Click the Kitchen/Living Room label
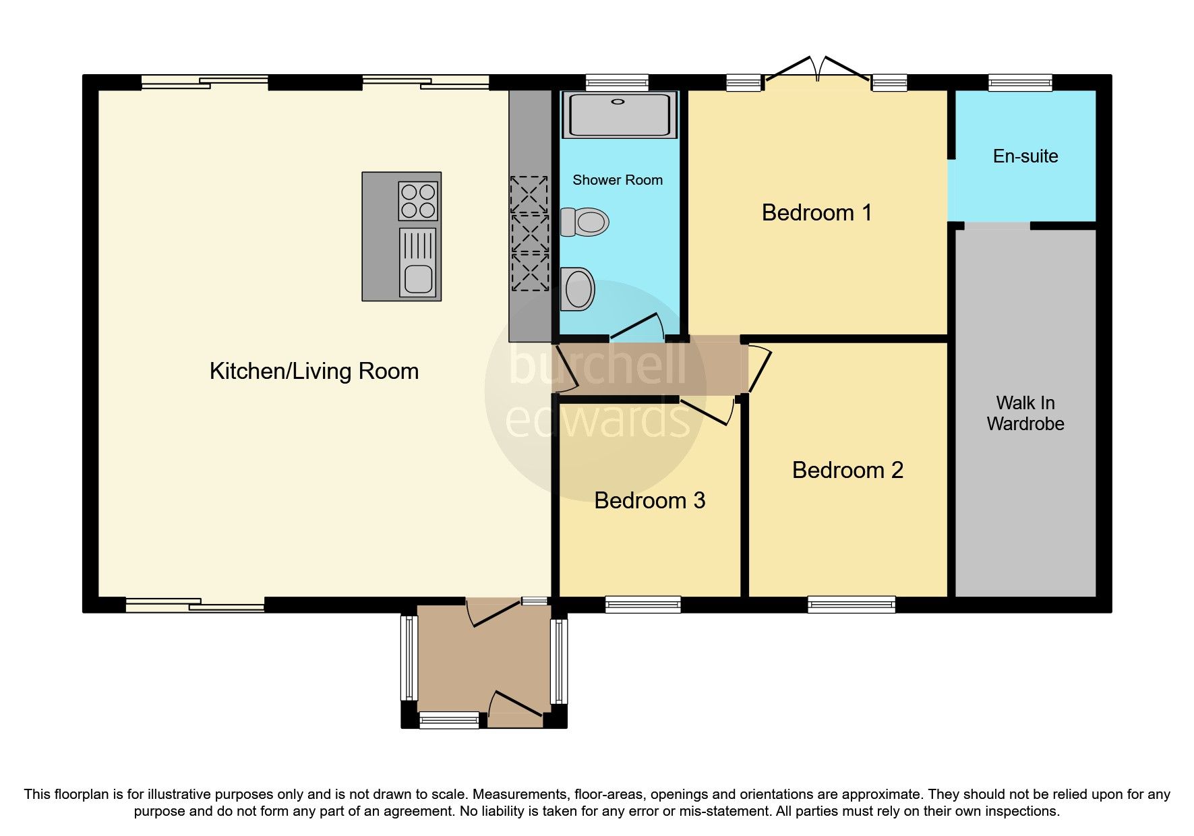314,371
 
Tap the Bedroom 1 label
816,213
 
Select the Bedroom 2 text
847,471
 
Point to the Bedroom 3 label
649,501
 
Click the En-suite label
1025,156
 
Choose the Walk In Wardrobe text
1025,413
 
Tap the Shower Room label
617,180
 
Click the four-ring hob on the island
418,201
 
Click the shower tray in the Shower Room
619,115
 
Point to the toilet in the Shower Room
585,222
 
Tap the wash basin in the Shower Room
578,289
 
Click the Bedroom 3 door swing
708,411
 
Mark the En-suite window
1019,83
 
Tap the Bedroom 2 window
851,604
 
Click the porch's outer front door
516,706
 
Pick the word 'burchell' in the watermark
597,364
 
